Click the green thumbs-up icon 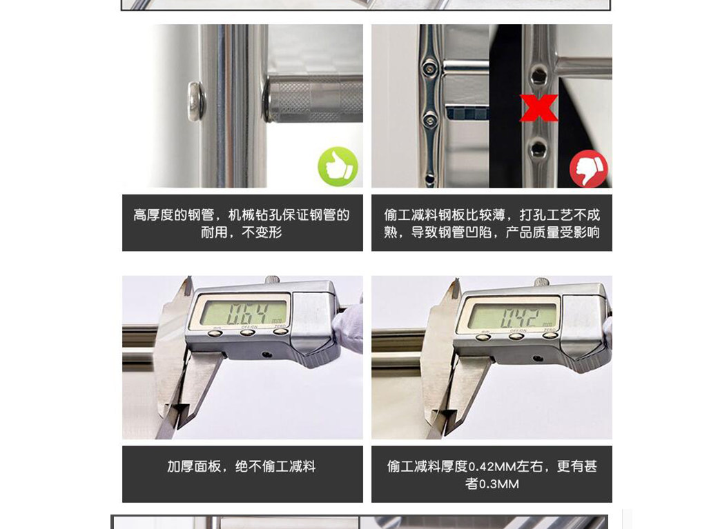pos(338,166)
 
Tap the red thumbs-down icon pos(589,168)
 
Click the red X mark pos(538,108)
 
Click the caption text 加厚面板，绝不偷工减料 pos(242,466)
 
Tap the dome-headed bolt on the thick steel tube pos(197,101)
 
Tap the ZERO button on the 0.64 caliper pos(280,331)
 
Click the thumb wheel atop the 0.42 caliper pos(541,282)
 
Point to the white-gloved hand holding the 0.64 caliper pos(349,326)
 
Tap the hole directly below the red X pos(538,148)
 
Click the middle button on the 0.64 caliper pos(247,332)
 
